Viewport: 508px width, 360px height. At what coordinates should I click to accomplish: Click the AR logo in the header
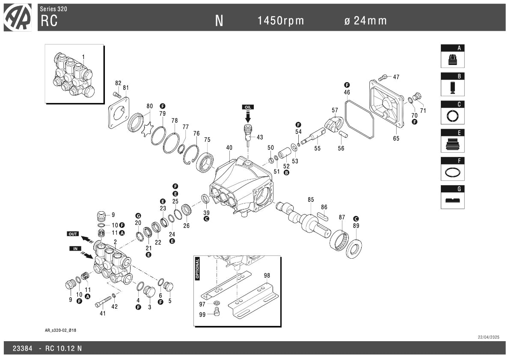tap(18, 18)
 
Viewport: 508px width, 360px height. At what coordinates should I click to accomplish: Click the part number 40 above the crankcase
tap(229, 148)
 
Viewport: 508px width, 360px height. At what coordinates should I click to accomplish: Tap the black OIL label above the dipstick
tap(248, 107)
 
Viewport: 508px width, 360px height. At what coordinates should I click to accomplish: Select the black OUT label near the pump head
tap(73, 234)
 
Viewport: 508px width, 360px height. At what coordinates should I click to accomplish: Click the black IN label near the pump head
tap(75, 248)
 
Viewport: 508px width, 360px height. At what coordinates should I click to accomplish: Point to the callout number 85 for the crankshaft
tap(311, 200)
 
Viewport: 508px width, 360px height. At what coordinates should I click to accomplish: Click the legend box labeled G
tap(452, 197)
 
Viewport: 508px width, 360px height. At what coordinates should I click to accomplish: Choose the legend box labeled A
tap(452, 56)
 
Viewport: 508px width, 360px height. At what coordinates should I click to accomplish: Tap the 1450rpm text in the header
tap(281, 21)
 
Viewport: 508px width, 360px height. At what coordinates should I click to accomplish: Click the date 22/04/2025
tap(489, 337)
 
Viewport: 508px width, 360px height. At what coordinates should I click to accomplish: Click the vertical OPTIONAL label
tap(198, 269)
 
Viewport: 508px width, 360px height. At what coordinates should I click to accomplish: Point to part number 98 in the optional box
tap(267, 276)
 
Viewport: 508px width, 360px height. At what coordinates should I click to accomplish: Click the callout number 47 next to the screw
tap(396, 77)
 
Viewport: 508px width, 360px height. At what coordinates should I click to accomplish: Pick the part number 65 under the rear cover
tap(396, 139)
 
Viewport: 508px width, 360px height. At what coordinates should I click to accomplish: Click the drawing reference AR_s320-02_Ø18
tap(57, 330)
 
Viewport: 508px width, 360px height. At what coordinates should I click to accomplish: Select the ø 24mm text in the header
tap(365, 21)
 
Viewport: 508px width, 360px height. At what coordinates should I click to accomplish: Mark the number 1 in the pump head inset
tap(83, 57)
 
